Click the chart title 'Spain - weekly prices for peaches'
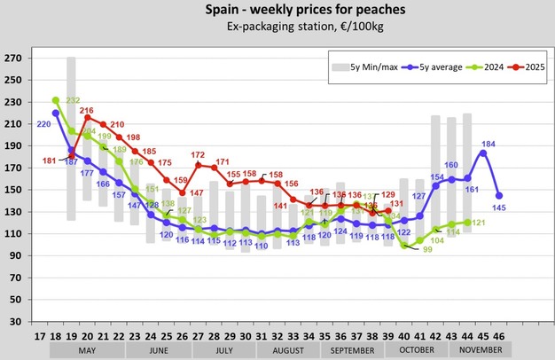[277, 10]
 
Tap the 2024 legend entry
[485, 67]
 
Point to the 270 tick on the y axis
[13, 59]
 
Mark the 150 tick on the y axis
[13, 190]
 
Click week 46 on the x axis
[500, 338]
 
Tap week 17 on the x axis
[40, 338]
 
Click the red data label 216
[86, 110]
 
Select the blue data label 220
[42, 125]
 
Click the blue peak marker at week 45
[483, 153]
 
